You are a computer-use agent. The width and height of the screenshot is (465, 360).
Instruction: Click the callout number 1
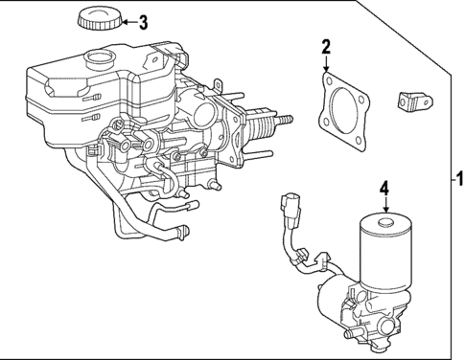(x=458, y=178)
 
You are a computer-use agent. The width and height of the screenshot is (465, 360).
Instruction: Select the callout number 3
(x=143, y=22)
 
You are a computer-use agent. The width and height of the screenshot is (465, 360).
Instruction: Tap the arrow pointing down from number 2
(x=326, y=65)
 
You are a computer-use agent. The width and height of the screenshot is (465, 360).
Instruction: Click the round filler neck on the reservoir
(x=98, y=60)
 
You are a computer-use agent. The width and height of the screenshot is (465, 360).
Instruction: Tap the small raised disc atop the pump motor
(x=386, y=224)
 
